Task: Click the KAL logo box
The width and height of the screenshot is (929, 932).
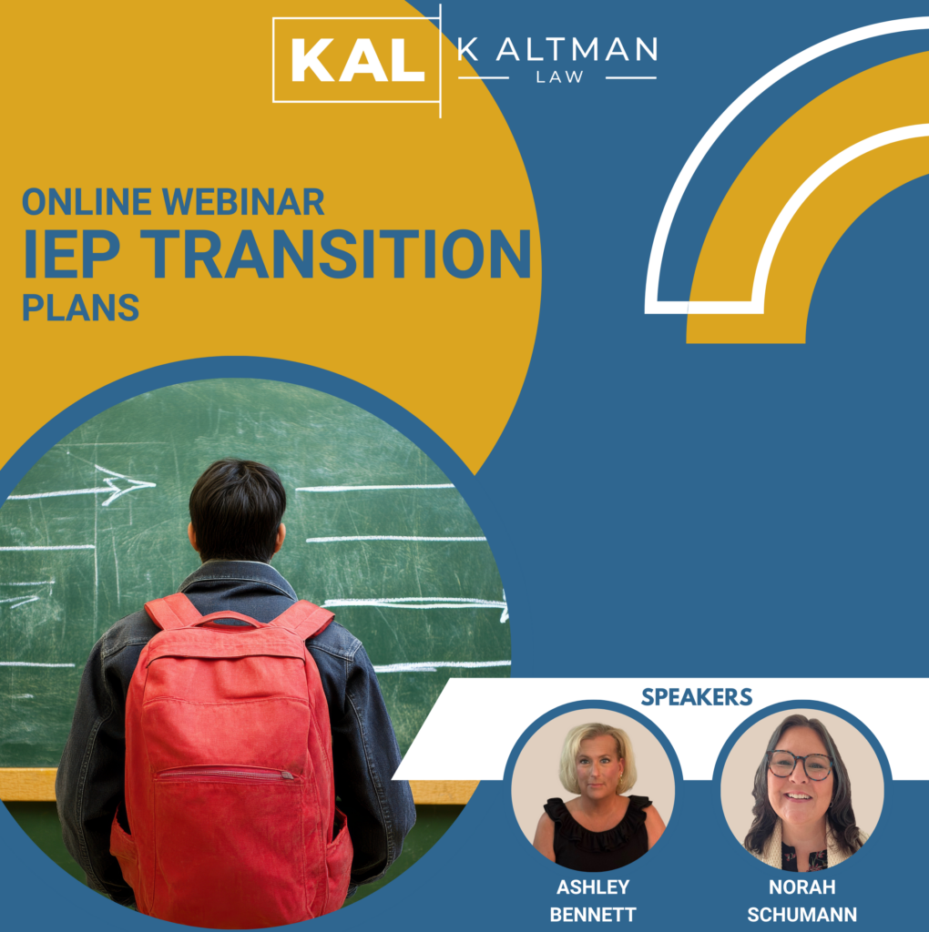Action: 356,60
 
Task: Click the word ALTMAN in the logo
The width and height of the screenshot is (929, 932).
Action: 577,49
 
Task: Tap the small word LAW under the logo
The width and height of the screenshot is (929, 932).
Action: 559,76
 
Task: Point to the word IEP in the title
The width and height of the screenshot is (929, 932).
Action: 71,254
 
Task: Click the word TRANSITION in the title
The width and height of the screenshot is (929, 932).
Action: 335,254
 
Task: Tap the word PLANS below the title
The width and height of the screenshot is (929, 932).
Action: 80,308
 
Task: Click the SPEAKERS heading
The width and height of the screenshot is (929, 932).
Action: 697,696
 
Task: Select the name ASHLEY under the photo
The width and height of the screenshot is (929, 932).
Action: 593,886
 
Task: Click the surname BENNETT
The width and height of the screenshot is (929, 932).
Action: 593,914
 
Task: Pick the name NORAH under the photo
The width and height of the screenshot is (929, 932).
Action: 801,886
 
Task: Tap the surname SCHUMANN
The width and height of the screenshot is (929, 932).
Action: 801,914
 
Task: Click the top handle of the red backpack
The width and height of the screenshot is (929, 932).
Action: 229,619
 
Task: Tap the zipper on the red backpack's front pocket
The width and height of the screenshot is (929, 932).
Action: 287,775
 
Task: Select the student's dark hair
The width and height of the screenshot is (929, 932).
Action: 238,507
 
